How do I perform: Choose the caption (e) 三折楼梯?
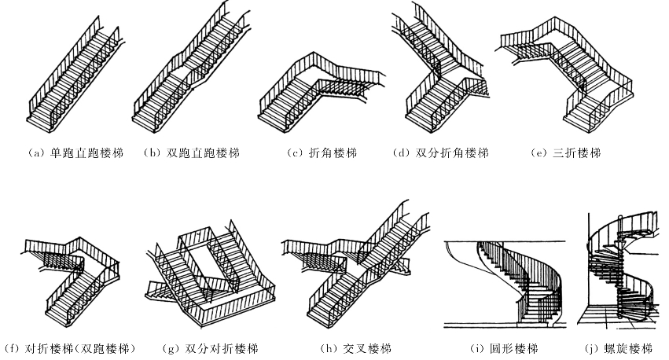(566, 152)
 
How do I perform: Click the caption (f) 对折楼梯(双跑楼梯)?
(70, 347)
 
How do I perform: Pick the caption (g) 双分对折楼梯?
(210, 347)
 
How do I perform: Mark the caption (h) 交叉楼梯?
(344, 347)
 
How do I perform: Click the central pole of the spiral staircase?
(621, 275)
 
